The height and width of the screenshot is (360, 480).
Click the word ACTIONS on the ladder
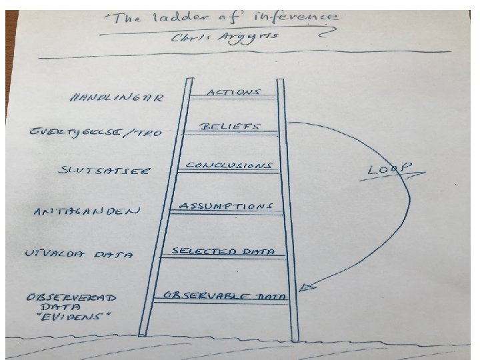pyautogui.click(x=233, y=92)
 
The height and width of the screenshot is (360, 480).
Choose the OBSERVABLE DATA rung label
pyautogui.click(x=227, y=295)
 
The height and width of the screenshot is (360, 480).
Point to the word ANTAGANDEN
pyautogui.click(x=87, y=212)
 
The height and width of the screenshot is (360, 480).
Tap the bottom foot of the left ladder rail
pyautogui.click(x=143, y=333)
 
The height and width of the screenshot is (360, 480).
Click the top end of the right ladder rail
pyautogui.click(x=281, y=81)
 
